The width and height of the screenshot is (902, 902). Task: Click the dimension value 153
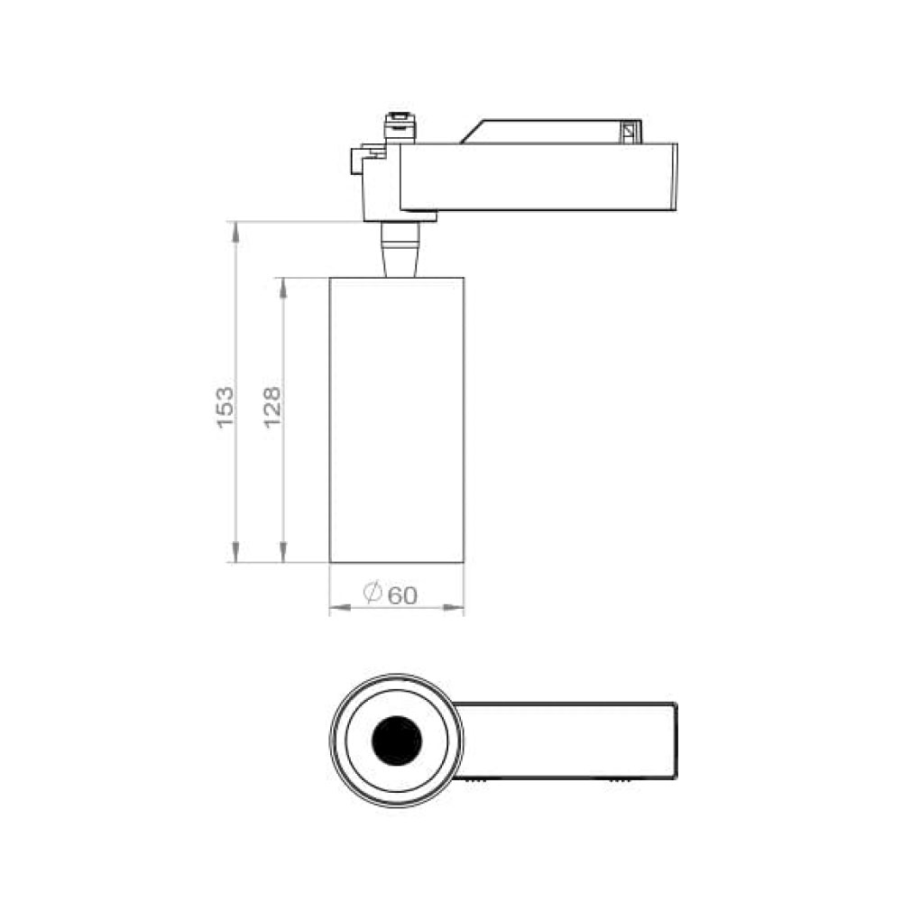(225, 407)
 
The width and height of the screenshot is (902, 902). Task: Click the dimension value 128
(272, 407)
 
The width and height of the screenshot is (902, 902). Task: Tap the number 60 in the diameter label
(402, 596)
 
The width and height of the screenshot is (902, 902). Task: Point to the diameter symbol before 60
(373, 593)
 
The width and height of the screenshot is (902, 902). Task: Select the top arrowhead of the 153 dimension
(235, 232)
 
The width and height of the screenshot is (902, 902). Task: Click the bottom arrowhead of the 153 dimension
(235, 552)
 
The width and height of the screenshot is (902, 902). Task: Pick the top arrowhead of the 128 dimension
(283, 289)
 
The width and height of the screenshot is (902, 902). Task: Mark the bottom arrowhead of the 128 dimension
(283, 552)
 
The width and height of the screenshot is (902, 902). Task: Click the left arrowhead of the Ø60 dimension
(340, 606)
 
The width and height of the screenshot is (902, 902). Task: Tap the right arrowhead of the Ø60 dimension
(454, 606)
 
